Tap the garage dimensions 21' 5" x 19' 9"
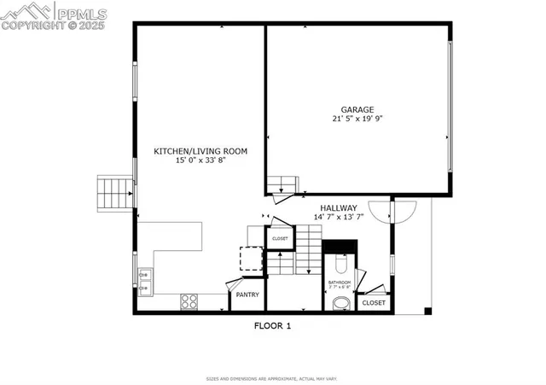point(358,120)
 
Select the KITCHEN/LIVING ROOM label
point(200,151)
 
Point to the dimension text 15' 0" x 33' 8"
point(200,160)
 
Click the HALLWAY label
point(339,208)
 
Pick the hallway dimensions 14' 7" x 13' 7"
point(339,217)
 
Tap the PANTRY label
point(248,295)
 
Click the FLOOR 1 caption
point(273,325)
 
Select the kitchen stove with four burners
point(189,300)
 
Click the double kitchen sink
point(145,281)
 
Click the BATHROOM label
point(339,282)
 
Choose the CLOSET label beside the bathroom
point(374,303)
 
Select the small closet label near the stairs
point(280,238)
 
